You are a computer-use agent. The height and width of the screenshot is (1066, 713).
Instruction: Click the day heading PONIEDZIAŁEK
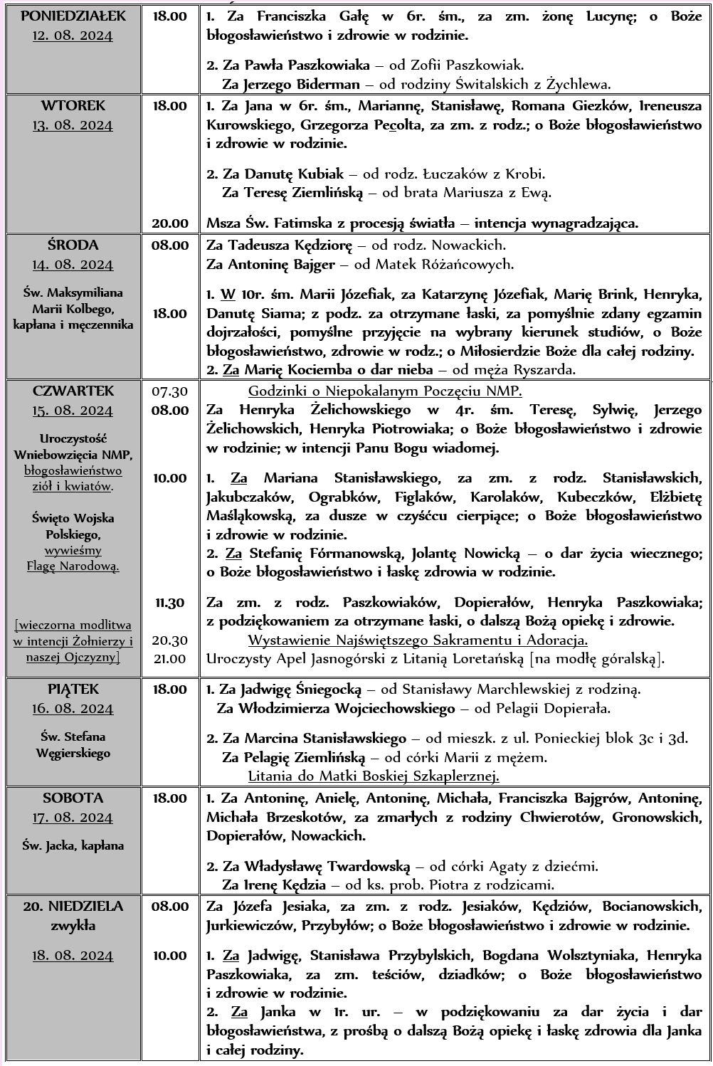coord(73,16)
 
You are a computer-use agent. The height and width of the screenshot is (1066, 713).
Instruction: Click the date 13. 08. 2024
coord(73,125)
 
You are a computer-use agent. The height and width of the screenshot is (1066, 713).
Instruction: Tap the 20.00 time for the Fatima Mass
coord(170,223)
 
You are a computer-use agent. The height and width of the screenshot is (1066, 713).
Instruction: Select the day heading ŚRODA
coord(73,245)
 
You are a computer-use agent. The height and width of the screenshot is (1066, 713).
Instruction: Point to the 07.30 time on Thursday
coord(170,391)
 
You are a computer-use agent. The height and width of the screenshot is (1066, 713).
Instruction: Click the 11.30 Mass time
coord(170,603)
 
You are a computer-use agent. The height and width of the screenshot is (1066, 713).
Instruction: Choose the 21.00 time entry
coord(170,658)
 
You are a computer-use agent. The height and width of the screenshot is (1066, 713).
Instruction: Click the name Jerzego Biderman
coord(291,84)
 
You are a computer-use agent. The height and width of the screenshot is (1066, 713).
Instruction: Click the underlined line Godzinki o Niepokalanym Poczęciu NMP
coord(385,391)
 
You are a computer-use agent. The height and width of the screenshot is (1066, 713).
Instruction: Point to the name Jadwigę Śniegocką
coord(307,689)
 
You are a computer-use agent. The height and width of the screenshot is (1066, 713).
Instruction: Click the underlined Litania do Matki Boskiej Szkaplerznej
coord(374,776)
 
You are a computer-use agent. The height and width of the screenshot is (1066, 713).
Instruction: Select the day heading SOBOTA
coord(73,798)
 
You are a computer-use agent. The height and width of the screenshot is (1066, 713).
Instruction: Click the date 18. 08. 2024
coord(73,956)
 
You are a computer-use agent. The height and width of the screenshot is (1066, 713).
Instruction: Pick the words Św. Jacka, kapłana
coord(73,845)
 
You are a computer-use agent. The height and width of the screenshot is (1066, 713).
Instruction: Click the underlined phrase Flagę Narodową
coord(73,566)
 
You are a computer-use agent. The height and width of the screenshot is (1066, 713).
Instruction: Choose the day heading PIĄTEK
coord(73,689)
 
